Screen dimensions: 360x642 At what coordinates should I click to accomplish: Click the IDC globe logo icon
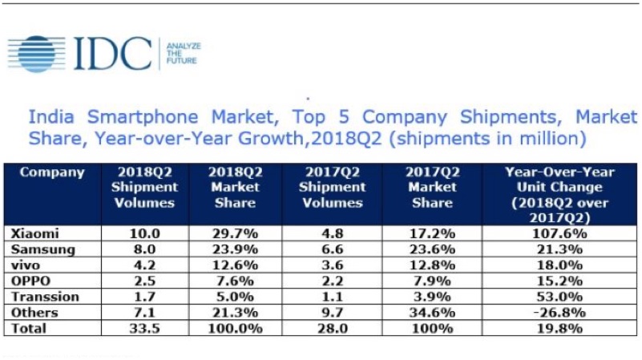[36, 53]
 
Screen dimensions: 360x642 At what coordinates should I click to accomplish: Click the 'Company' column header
[51, 172]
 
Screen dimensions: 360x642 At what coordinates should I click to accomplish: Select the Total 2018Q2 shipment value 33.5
[145, 329]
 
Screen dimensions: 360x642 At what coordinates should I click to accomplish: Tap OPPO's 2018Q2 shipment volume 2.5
[145, 281]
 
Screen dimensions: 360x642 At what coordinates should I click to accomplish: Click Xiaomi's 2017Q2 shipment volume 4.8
[333, 233]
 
